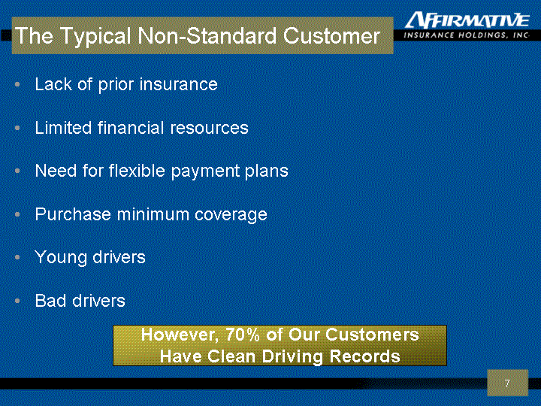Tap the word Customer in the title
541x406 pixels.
point(331,35)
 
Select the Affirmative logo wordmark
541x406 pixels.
point(467,20)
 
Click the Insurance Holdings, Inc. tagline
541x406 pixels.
point(467,35)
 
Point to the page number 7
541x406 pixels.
point(507,383)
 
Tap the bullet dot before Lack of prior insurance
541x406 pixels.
point(17,84)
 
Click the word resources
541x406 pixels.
point(209,128)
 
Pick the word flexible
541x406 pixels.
point(137,171)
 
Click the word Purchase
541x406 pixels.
point(73,214)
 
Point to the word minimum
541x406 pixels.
point(153,214)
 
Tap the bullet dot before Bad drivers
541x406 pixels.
point(17,301)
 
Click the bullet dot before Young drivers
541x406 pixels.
point(17,257)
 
